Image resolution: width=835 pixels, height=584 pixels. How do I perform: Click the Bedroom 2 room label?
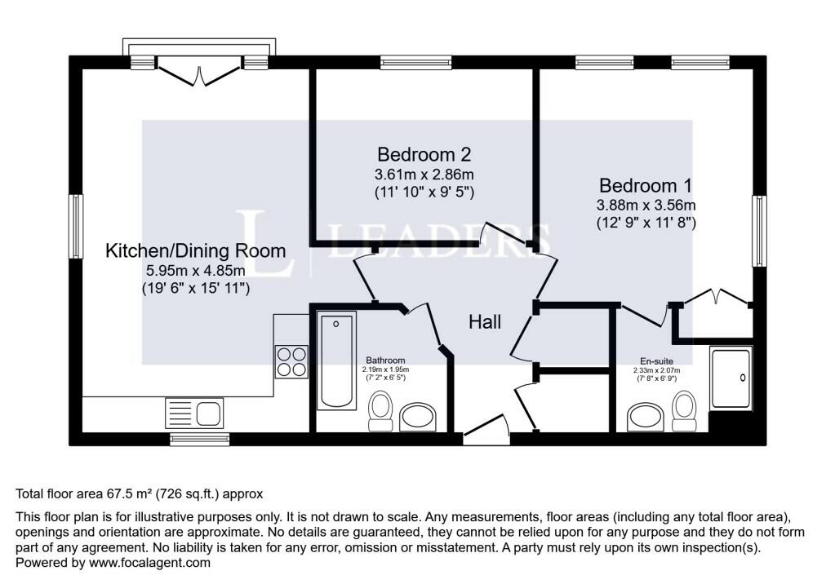pos(424,154)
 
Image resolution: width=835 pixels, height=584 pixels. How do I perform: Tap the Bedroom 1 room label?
pos(646,185)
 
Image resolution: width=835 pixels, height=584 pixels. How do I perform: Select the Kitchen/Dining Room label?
pos(195,250)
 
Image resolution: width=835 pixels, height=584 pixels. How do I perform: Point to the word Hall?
pos(485,321)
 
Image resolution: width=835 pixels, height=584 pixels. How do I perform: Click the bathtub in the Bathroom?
pos(336,361)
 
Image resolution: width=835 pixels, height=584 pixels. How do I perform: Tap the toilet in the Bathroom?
pos(380,411)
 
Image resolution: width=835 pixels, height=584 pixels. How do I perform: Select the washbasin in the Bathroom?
pos(418,416)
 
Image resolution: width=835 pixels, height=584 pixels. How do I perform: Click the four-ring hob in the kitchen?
pos(291,362)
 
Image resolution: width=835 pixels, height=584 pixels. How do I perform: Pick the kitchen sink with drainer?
pos(194,413)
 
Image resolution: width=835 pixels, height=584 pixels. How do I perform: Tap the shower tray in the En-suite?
pos(731,378)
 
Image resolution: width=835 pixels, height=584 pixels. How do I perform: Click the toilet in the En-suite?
pos(684,411)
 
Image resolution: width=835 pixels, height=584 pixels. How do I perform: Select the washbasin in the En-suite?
pos(646,417)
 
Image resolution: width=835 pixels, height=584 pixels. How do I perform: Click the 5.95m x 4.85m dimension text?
pos(195,271)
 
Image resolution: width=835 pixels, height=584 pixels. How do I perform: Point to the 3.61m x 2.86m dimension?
pos(424,174)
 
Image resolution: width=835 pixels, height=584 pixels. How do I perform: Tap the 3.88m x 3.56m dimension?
pos(646,205)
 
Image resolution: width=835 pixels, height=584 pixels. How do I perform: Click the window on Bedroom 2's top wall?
pos(416,62)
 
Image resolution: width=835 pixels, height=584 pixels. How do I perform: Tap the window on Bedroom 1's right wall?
pos(759,231)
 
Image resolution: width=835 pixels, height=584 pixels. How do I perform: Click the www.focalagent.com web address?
pos(149,563)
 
